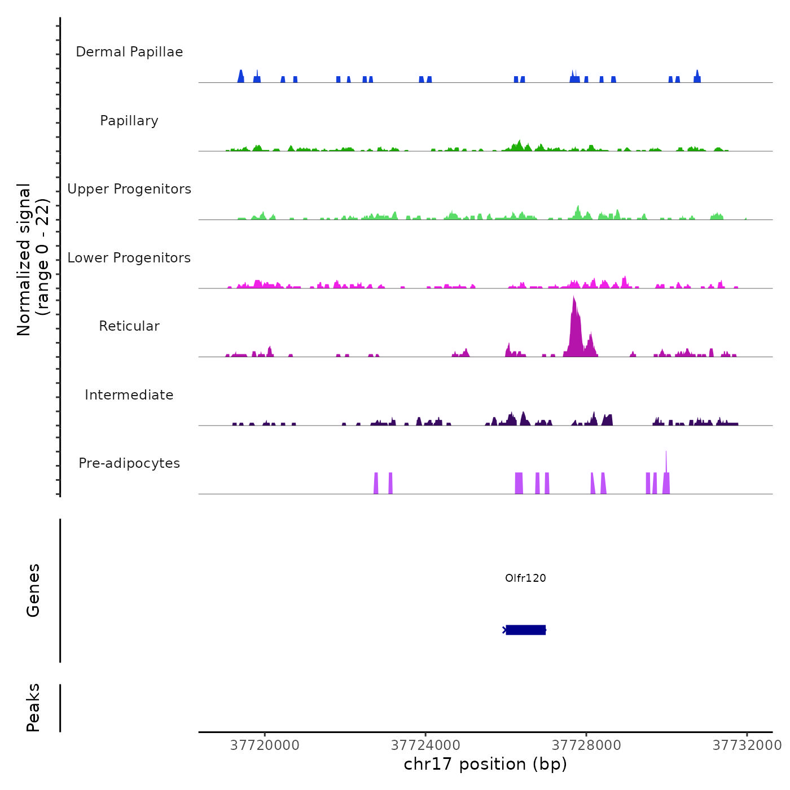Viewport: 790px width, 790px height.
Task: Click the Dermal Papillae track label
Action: (129, 52)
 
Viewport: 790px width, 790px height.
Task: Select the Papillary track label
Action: (129, 121)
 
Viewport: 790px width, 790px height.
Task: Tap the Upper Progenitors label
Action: (129, 189)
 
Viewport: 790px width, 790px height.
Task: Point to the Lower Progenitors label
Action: (129, 258)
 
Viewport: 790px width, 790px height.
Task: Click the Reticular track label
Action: (129, 326)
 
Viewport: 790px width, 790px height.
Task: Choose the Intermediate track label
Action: (129, 395)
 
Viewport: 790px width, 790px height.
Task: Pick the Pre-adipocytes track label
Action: (129, 463)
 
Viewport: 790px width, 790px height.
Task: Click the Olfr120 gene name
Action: (525, 578)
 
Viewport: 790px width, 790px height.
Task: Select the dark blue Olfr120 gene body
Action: (525, 630)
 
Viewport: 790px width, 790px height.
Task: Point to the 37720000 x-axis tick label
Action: (265, 745)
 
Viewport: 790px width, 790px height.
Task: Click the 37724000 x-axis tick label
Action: (425, 745)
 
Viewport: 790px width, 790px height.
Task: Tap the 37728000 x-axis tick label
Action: (586, 745)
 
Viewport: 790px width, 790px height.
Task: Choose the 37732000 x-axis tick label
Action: (747, 745)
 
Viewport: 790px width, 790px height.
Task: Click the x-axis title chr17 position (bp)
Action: (485, 764)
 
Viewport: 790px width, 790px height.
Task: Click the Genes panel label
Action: (33, 590)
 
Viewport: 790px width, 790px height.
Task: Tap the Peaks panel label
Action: (33, 708)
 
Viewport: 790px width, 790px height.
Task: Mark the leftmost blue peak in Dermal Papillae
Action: (241, 77)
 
